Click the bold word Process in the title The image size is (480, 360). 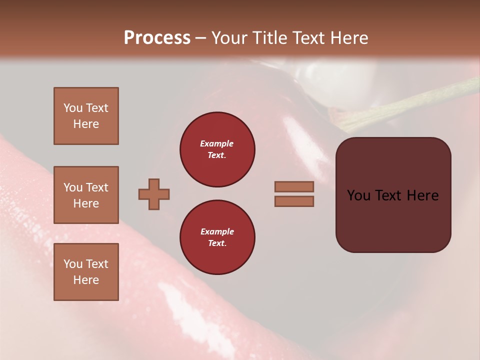[x=157, y=38]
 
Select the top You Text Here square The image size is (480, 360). [x=86, y=116]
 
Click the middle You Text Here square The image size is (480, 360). [x=86, y=195]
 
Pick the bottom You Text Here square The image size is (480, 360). [x=86, y=272]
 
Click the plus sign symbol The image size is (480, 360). [x=154, y=194]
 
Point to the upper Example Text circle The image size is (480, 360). [x=217, y=149]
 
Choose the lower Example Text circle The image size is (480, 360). [x=217, y=237]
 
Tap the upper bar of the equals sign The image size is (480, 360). [x=294, y=186]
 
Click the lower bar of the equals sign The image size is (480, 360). [x=294, y=201]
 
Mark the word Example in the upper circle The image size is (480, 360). [x=217, y=143]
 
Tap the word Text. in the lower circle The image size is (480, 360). [x=217, y=243]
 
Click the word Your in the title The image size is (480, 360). [x=229, y=38]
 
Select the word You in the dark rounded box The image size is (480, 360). [x=358, y=195]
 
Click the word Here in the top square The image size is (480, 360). [x=86, y=124]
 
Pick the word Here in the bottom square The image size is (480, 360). [x=86, y=280]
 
